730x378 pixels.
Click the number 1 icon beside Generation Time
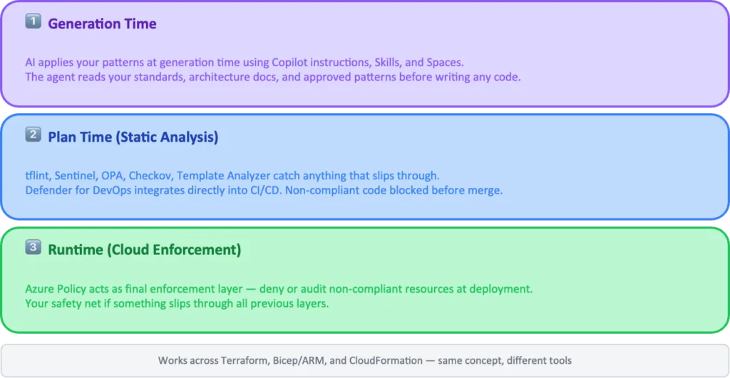pos(34,23)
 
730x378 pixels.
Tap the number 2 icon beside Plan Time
pos(34,135)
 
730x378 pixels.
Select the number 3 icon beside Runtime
pos(34,248)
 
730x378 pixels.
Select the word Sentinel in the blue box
pos(75,176)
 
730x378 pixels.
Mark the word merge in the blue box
pos(488,190)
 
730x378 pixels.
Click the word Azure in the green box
pos(40,289)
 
